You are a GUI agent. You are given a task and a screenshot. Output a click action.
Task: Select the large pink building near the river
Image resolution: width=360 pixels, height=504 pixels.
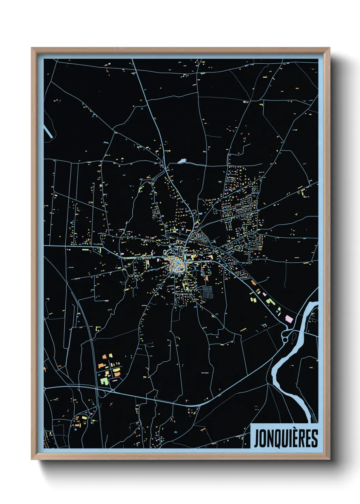[289, 319]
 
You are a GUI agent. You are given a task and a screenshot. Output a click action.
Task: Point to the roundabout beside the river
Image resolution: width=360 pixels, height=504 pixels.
[285, 339]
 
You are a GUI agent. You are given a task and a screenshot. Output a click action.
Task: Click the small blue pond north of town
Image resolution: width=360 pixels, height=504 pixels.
[182, 160]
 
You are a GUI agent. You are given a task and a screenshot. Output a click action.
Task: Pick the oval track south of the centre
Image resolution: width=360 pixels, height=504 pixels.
[195, 272]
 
